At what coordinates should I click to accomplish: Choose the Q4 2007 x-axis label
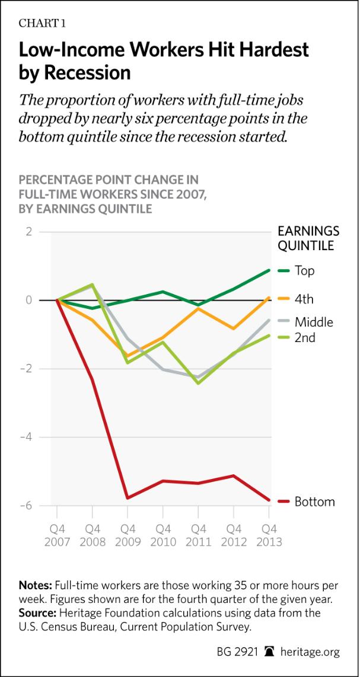coord(57,535)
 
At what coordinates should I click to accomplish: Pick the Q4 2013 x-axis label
coord(270,535)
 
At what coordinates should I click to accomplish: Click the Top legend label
coord(304,271)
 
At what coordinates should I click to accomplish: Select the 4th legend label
coord(304,300)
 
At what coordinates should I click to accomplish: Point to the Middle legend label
coord(314,322)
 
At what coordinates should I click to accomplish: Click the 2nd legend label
coord(305,338)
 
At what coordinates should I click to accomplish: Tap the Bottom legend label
coord(314,502)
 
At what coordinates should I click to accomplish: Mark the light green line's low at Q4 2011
coord(198,383)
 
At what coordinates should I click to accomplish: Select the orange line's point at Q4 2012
coord(234,328)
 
